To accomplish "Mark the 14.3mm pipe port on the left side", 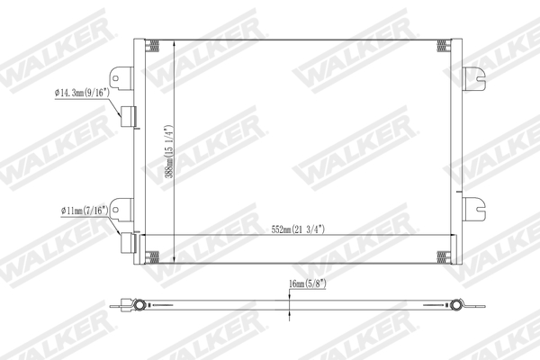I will [128, 116].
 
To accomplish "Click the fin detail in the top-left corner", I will [154, 47].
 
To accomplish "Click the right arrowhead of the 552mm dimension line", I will [448, 237].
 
